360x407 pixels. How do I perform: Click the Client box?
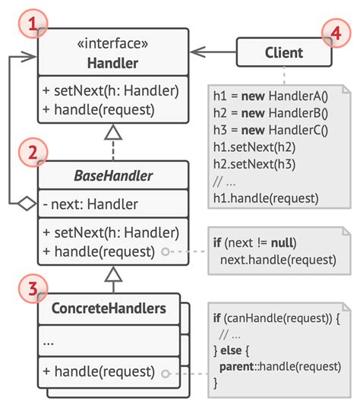pyautogui.click(x=283, y=52)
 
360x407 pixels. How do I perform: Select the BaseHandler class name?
pyautogui.click(x=112, y=177)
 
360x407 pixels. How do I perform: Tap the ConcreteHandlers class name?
pyautogui.click(x=109, y=310)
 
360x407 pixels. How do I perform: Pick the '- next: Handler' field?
pyautogui.click(x=91, y=204)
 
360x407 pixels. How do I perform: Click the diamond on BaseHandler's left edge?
pyautogui.click(x=27, y=203)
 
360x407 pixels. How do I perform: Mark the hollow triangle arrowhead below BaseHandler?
pyautogui.click(x=112, y=273)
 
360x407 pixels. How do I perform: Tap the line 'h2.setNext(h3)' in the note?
pyautogui.click(x=254, y=165)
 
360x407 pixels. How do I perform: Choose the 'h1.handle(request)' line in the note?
pyautogui.click(x=266, y=198)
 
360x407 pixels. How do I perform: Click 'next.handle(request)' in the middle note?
pyautogui.click(x=277, y=260)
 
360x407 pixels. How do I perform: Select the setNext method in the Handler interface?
pyautogui.click(x=110, y=91)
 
